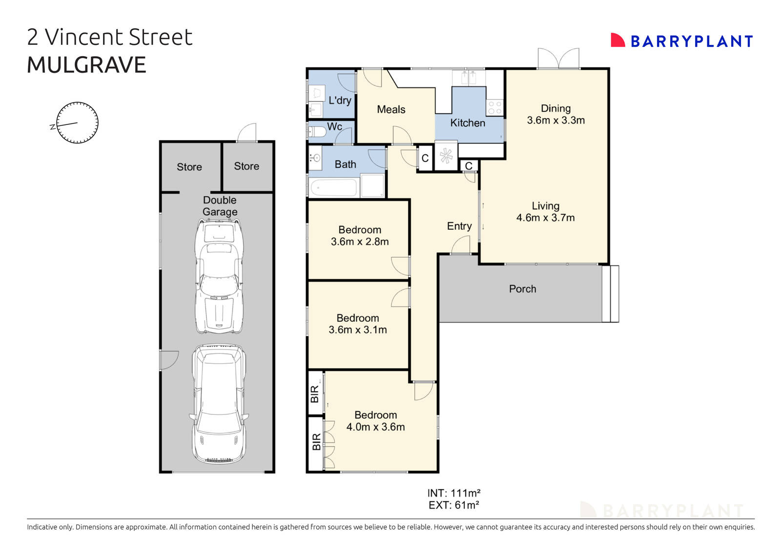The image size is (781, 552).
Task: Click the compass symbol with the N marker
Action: [x=78, y=123]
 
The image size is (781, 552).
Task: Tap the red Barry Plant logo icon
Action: [x=617, y=41]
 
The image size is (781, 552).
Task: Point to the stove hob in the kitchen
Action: [x=495, y=107]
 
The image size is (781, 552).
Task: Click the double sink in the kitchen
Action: [x=468, y=78]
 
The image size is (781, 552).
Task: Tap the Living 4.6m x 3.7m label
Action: [x=545, y=212]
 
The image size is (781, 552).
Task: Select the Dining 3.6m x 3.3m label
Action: [x=555, y=114]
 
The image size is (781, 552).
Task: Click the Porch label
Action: [x=522, y=289]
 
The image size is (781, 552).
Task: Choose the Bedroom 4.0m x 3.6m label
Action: [x=375, y=421]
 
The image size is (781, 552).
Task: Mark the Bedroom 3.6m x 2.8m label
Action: [x=360, y=235]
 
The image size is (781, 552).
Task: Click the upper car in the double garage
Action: [x=219, y=277]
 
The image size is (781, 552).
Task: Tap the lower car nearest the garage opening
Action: [x=218, y=404]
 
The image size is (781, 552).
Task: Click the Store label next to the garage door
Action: [x=247, y=166]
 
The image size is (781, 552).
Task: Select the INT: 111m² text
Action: [x=453, y=493]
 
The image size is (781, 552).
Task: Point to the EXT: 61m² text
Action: [x=453, y=505]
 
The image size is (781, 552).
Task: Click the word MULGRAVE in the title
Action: [x=86, y=65]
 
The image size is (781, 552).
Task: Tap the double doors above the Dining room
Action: [x=558, y=59]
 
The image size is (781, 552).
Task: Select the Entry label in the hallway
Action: [x=459, y=226]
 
